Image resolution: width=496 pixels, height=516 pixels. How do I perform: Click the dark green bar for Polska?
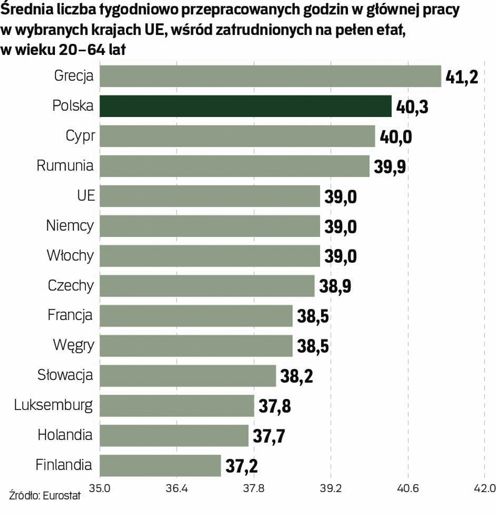point(245,106)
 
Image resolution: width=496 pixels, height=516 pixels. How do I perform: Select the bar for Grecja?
point(270,76)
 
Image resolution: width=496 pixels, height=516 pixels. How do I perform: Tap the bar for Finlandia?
point(160,465)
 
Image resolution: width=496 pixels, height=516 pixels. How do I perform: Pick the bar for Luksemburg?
point(177,406)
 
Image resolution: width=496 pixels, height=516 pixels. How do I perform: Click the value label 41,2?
point(461,76)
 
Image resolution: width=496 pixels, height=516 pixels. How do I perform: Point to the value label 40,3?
point(412,107)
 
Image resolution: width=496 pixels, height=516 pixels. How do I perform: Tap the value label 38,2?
point(296,376)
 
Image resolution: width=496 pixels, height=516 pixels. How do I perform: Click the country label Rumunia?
point(65,166)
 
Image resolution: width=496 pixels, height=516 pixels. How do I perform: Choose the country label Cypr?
point(79,137)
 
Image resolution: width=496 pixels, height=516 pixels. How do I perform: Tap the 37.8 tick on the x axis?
point(253,489)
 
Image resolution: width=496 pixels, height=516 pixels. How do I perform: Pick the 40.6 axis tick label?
point(407,489)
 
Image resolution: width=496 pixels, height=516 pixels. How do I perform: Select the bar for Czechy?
point(207,286)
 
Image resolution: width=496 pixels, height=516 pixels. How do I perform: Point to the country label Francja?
point(70,315)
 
